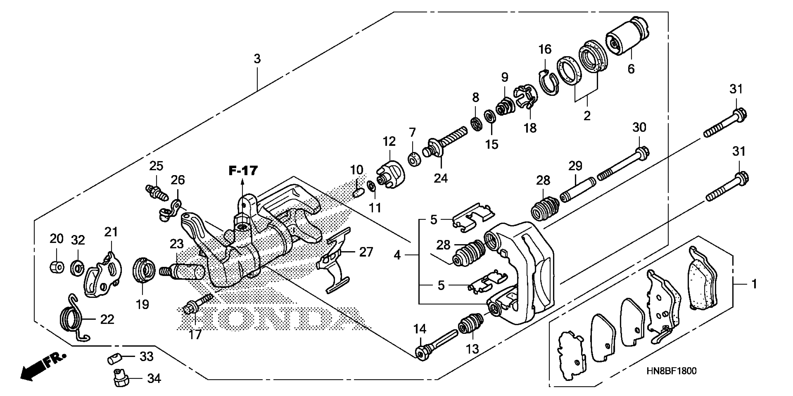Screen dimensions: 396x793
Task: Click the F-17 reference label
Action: [243, 171]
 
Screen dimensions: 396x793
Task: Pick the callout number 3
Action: [257, 58]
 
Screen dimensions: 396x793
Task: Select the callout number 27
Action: [366, 252]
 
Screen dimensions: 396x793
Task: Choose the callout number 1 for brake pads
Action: [754, 284]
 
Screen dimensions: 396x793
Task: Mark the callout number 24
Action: [441, 178]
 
